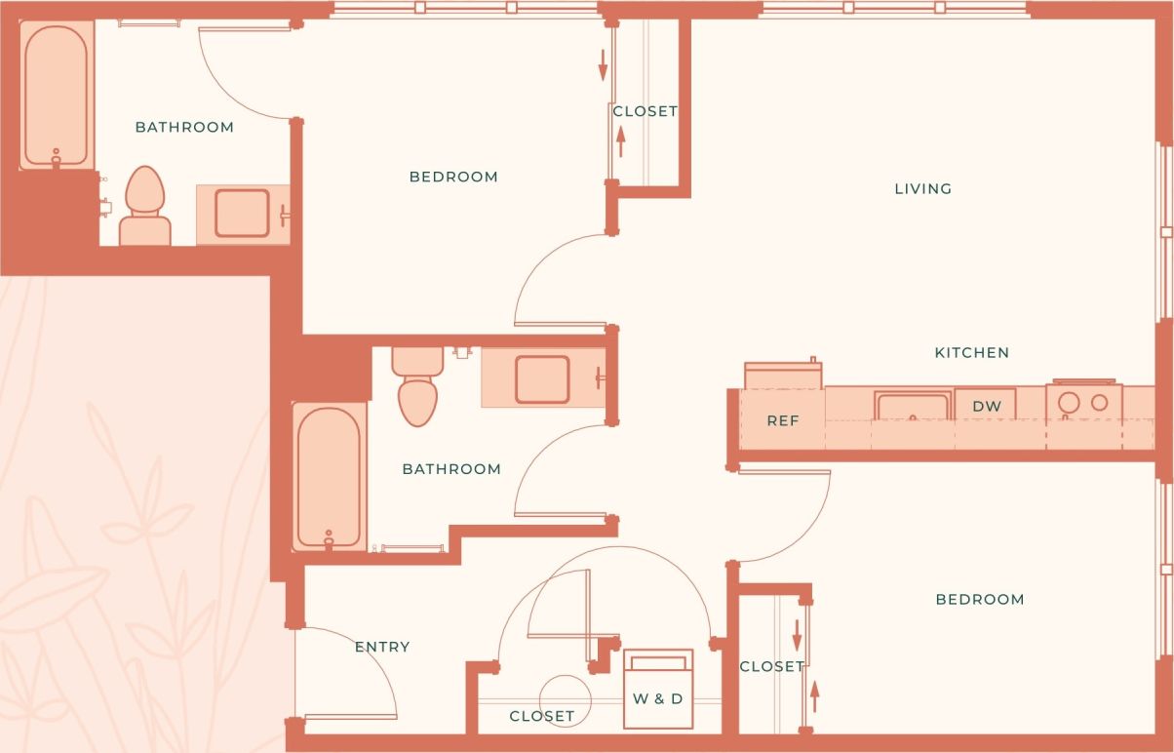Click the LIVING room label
click(x=922, y=189)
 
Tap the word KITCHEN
click(x=971, y=353)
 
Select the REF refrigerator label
click(x=782, y=421)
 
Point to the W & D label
click(x=657, y=699)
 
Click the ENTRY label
click(x=381, y=647)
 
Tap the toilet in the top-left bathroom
click(x=145, y=207)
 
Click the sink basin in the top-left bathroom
click(x=242, y=214)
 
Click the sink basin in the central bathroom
click(x=542, y=379)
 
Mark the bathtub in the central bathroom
click(x=328, y=477)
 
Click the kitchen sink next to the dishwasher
click(x=912, y=407)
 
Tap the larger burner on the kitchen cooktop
click(x=1070, y=402)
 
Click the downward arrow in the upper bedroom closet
click(x=603, y=64)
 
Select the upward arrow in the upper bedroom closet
click(x=620, y=142)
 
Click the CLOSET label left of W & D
click(x=541, y=716)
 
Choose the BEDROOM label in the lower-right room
click(x=979, y=600)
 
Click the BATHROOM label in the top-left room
click(x=184, y=128)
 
